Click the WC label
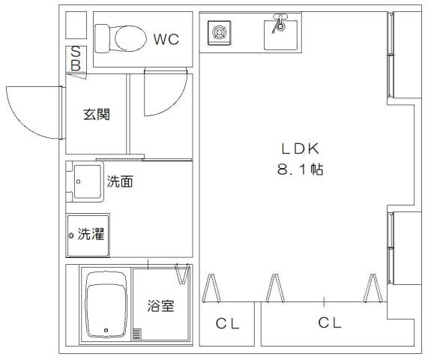point(166,39)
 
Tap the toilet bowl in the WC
point(130,38)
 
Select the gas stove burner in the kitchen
point(219,32)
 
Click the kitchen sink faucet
point(280,22)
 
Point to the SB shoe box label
point(76,58)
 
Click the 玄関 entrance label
point(97,114)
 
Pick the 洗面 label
point(120,181)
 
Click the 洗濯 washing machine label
point(91,234)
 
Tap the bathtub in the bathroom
point(106,304)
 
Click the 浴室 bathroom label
point(160,305)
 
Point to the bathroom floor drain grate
point(137,334)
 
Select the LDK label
point(300,149)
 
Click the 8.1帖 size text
point(301,169)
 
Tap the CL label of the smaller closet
point(227,324)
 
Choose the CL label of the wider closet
point(330,322)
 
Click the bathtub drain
point(106,330)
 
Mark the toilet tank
point(102,38)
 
